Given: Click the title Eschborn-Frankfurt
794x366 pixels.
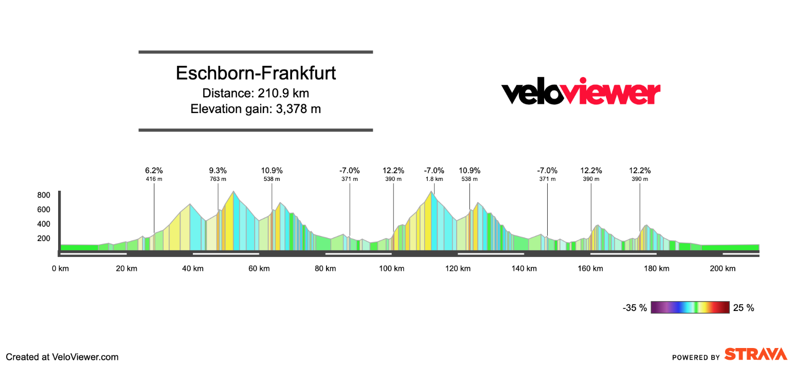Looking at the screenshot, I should tap(256, 73).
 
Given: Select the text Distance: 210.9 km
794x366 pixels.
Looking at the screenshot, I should tap(256, 93).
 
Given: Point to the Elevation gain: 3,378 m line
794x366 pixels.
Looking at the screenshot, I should tap(256, 109).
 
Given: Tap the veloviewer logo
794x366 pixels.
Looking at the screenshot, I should tap(581, 93).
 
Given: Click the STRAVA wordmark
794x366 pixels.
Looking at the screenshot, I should tap(755, 354).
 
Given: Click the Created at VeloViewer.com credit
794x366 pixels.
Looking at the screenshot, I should tap(62, 357).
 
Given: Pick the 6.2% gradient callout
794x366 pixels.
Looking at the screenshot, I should tap(154, 171).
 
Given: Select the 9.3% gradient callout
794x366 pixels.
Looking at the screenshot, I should tap(218, 171).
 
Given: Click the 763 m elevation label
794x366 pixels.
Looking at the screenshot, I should tap(218, 179).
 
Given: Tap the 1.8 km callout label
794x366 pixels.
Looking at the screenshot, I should tap(434, 179).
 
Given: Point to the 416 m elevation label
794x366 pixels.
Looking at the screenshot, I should tap(154, 179).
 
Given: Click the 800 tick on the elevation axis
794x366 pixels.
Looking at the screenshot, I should tap(43, 195).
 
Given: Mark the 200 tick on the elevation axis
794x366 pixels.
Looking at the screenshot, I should tap(43, 239).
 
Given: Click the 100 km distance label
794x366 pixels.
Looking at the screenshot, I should tap(391, 269).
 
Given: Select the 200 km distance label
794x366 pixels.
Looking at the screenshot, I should tap(723, 269).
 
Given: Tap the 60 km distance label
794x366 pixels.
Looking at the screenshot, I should tap(259, 269).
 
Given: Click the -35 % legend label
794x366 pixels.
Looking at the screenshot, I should tap(635, 308).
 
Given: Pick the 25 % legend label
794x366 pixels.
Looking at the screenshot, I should tap(744, 308).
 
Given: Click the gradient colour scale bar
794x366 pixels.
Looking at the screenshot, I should tap(690, 307).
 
